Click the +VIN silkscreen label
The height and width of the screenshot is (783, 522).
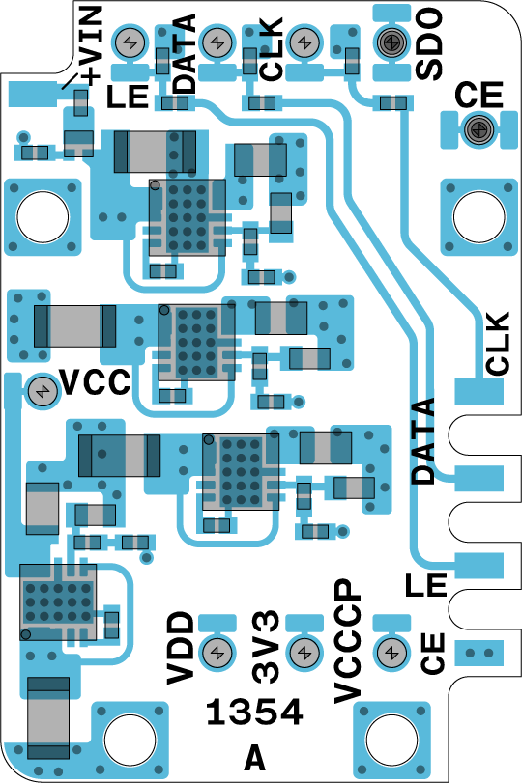91,45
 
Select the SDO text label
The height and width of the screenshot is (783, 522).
429,43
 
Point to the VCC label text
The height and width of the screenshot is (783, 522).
96,382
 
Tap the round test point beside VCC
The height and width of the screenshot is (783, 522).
42,390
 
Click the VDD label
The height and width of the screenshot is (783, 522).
181,648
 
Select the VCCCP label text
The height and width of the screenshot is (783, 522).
347,641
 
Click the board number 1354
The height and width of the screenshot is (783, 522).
254,712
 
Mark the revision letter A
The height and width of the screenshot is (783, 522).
254,759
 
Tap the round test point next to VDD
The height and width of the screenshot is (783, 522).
217,652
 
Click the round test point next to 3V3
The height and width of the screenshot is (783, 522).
304,652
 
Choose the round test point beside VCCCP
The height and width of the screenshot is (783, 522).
391,652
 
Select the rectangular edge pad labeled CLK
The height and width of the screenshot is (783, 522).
479,391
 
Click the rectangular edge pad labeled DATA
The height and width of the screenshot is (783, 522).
479,478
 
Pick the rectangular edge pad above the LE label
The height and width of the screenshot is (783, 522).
479,565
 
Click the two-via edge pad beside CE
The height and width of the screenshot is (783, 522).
479,652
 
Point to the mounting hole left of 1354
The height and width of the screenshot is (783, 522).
130,739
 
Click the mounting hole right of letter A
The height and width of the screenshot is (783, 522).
391,739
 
